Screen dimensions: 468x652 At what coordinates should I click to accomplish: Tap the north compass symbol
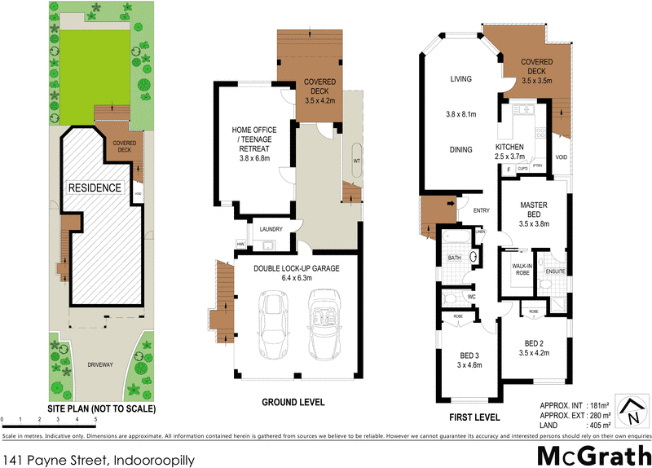(630, 409)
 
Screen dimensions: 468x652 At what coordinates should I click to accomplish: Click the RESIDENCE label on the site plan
(95, 188)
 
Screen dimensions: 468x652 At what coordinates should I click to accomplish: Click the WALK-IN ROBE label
(522, 269)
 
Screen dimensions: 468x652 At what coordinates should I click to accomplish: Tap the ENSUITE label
(555, 270)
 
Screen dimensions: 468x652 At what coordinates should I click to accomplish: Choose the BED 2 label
(533, 347)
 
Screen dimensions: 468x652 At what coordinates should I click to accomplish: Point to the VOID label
(562, 157)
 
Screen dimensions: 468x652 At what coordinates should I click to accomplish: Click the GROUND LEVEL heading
(293, 402)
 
